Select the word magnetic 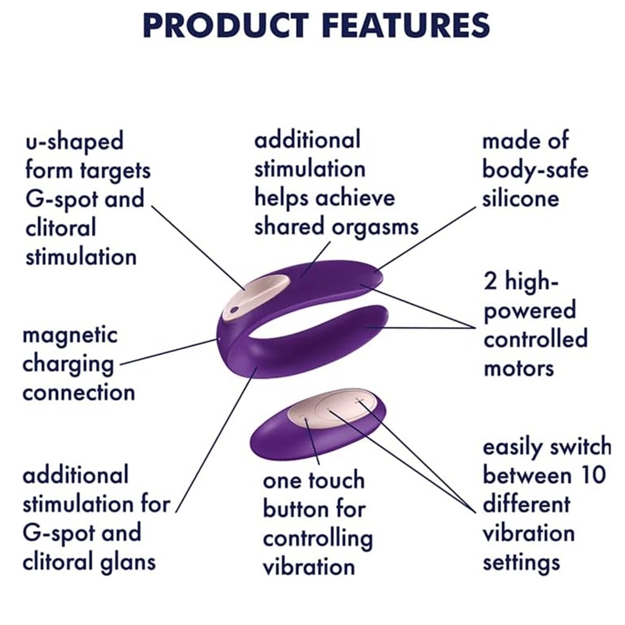70,336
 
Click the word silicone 521,198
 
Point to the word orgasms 376,228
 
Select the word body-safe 536,169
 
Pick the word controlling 317,539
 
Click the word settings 521,562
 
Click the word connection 79,392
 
